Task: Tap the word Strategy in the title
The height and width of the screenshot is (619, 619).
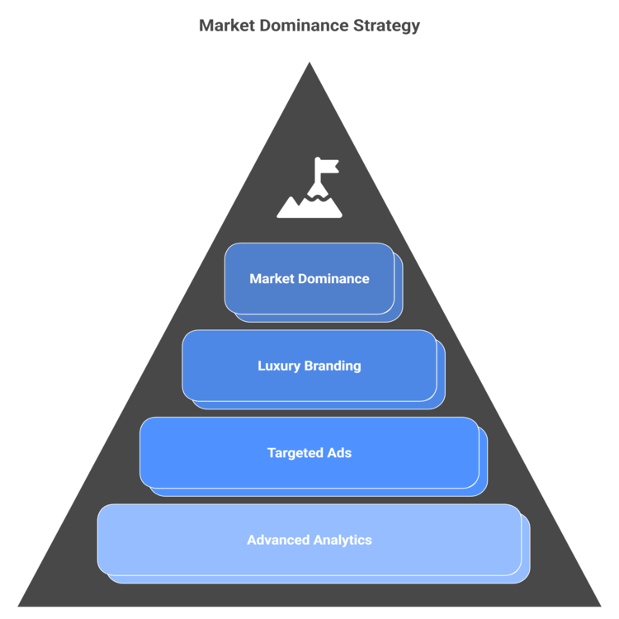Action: (x=387, y=26)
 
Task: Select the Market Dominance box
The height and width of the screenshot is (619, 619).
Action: (x=309, y=279)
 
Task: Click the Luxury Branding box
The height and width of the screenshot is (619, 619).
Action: (x=309, y=366)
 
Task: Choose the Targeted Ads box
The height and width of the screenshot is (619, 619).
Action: (x=309, y=453)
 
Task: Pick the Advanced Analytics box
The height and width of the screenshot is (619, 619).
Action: (x=309, y=540)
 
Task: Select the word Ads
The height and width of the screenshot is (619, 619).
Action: (x=339, y=453)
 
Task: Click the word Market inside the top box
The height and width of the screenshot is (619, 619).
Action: (x=271, y=279)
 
